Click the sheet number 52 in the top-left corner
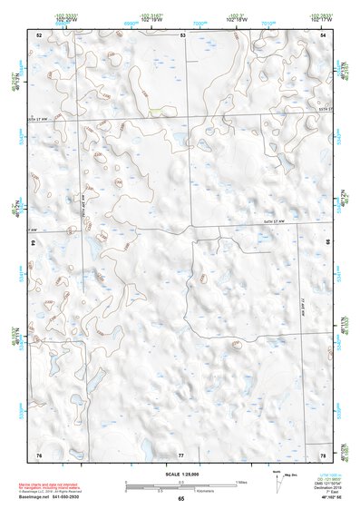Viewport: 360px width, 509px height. tap(39, 34)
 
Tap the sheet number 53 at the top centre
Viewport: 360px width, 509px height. tap(182, 34)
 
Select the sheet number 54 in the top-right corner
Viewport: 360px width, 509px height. tap(322, 34)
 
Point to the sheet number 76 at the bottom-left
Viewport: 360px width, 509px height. tap(39, 454)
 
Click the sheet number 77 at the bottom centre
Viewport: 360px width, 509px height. tap(181, 454)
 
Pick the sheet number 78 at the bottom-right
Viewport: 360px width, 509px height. tap(322, 454)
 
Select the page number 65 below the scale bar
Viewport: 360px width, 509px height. tap(181, 499)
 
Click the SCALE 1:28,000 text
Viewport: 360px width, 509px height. tap(180, 475)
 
